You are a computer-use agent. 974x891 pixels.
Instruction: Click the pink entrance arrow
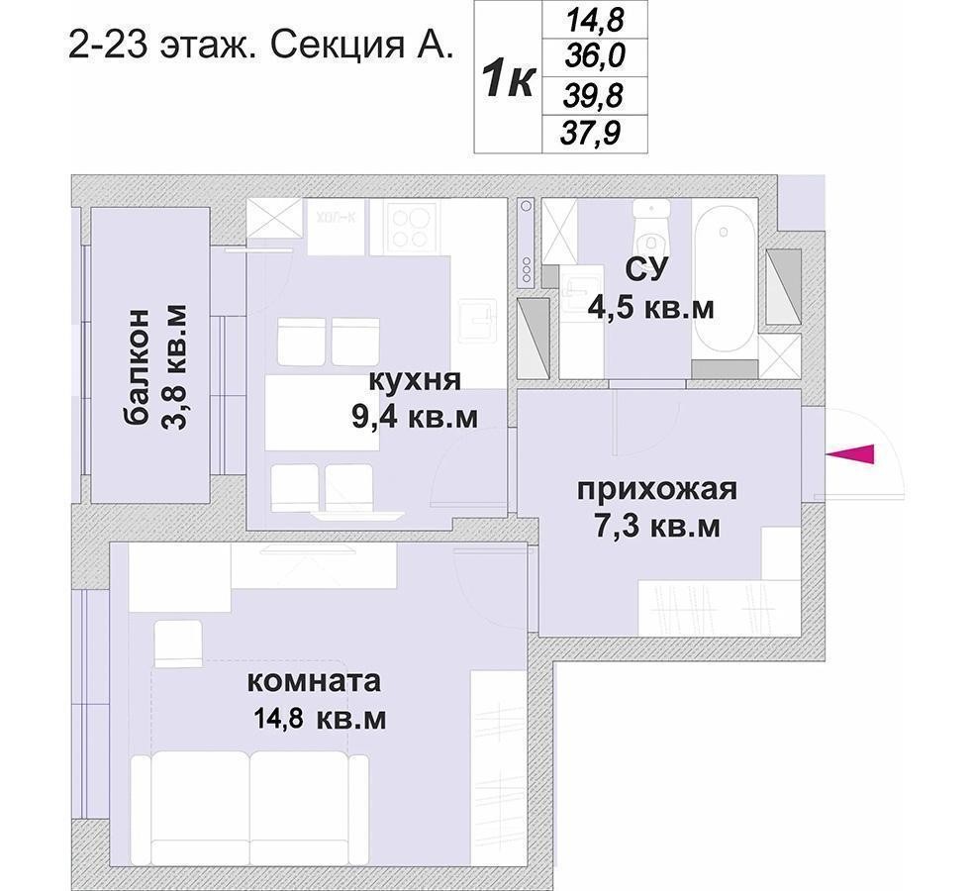coord(850,454)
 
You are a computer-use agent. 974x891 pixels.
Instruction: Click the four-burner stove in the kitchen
coord(410,227)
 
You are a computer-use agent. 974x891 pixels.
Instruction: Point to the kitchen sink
coord(478,321)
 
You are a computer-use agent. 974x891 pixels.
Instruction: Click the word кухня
coord(415,379)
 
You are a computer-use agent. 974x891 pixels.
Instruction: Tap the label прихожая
coord(657,490)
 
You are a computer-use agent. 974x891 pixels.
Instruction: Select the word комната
coord(314,681)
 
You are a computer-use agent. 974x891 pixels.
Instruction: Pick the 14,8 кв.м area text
coord(320,719)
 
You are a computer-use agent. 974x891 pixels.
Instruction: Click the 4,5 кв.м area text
coord(651,308)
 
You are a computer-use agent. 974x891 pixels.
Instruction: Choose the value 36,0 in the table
coord(595,57)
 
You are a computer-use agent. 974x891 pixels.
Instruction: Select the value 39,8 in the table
coord(593,96)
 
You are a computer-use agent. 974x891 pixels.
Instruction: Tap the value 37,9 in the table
coord(590,134)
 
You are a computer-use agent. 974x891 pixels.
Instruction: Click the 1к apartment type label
coord(508,79)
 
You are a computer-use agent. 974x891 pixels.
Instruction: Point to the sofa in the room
coord(249,809)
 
